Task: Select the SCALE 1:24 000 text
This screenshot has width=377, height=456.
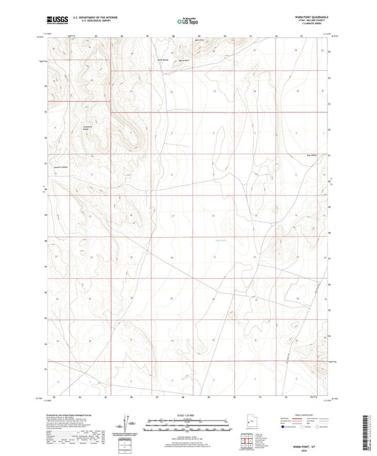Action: (x=187, y=416)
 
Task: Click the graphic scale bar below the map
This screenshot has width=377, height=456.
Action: (x=187, y=427)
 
